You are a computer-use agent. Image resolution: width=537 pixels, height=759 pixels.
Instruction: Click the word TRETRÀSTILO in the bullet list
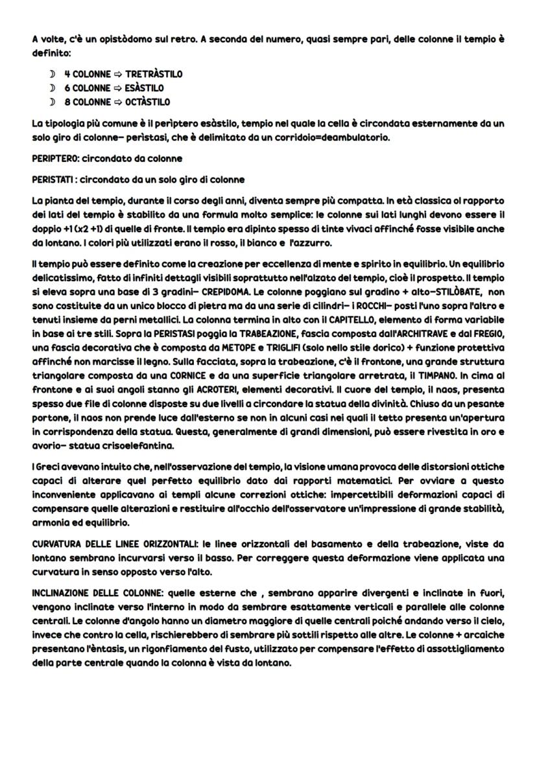154,74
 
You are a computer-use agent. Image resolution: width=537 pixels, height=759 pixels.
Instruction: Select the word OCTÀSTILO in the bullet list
147,102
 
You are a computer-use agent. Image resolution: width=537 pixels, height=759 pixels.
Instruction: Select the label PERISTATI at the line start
54,179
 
